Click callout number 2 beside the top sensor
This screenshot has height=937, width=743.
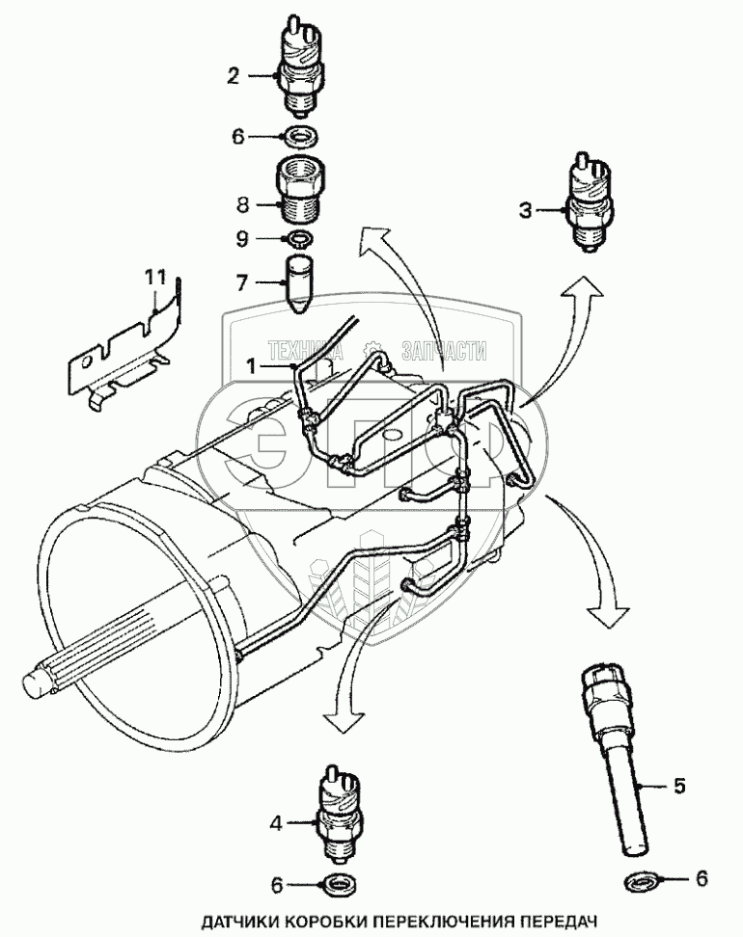232,73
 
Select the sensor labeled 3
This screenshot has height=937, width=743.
589,205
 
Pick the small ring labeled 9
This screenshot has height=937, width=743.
300,238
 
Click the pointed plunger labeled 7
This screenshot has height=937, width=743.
300,281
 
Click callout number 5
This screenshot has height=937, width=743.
679,786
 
